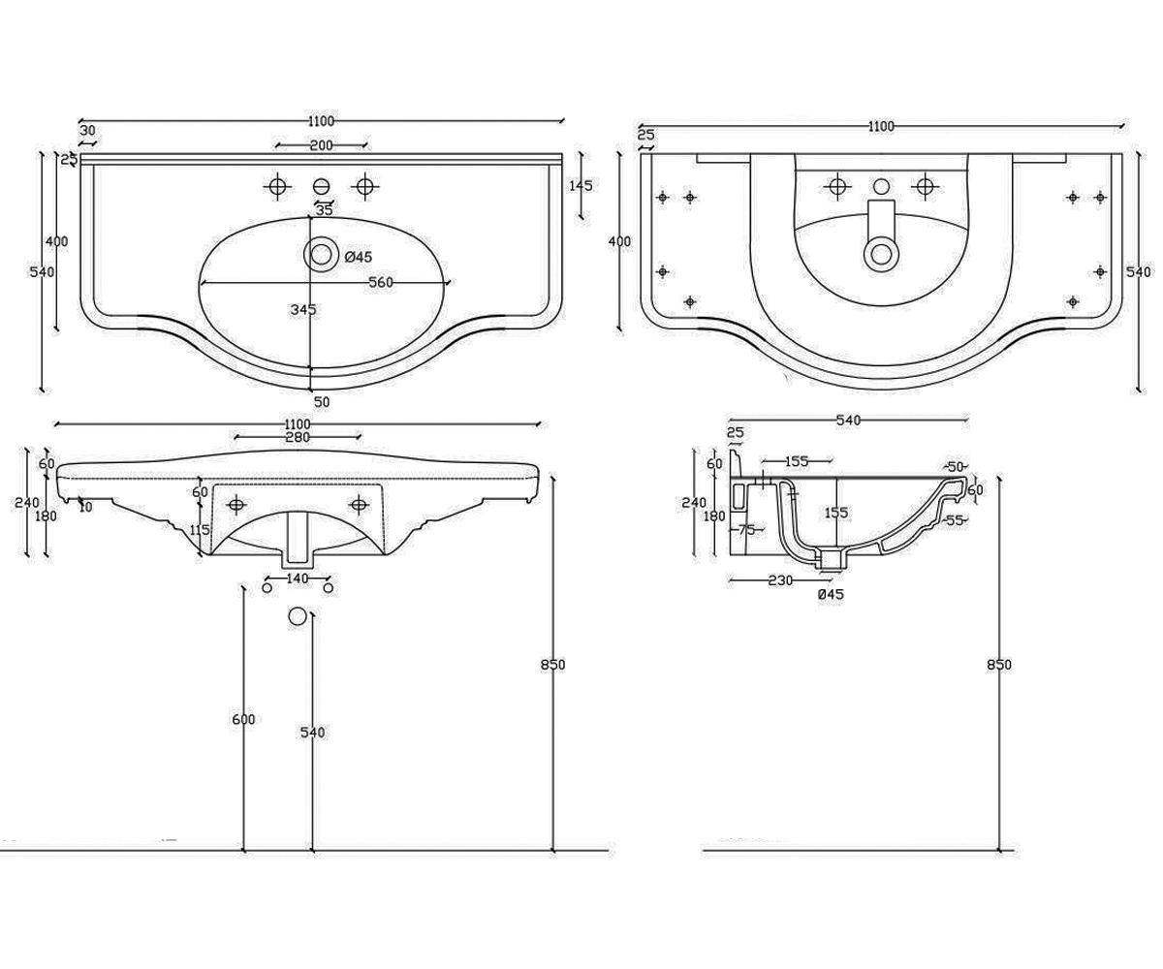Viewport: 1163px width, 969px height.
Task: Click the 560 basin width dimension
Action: pyautogui.click(x=381, y=282)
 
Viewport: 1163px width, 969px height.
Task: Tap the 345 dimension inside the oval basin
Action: pyautogui.click(x=303, y=309)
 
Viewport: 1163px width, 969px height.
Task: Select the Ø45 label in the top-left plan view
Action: pyautogui.click(x=359, y=257)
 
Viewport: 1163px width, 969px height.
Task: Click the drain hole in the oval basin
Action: pyautogui.click(x=321, y=255)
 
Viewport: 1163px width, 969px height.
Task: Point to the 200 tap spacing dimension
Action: pyautogui.click(x=322, y=145)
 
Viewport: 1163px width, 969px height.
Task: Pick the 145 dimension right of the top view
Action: pyautogui.click(x=581, y=185)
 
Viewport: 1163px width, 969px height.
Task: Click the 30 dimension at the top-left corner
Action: pyautogui.click(x=88, y=131)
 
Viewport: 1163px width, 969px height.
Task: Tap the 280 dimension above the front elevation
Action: pyautogui.click(x=298, y=437)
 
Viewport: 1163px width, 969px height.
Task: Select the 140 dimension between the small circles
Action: pyautogui.click(x=298, y=578)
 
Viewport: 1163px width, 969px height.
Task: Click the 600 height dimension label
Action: pyautogui.click(x=243, y=720)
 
